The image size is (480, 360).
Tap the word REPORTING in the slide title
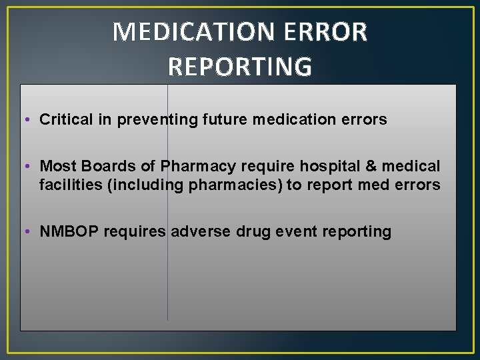click(x=240, y=66)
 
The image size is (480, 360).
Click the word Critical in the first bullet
click(x=66, y=120)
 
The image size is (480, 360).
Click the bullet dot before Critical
click(x=31, y=121)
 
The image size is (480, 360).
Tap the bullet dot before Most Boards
click(x=31, y=166)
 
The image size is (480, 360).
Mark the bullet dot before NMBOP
click(x=31, y=232)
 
